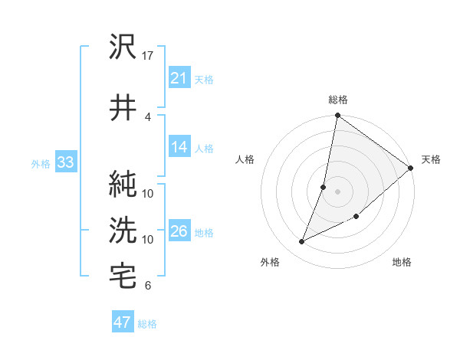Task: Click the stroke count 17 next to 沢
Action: click(x=148, y=56)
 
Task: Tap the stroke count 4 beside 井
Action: click(x=148, y=116)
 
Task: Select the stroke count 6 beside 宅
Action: click(x=148, y=286)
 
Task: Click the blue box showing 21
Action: click(x=179, y=77)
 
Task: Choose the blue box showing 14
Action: click(x=179, y=147)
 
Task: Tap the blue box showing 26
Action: click(x=179, y=231)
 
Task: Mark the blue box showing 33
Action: click(x=64, y=162)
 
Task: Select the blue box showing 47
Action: click(x=122, y=322)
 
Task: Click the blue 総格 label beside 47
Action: click(x=147, y=324)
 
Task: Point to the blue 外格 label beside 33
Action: click(x=40, y=163)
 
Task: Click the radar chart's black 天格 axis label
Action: click(x=431, y=159)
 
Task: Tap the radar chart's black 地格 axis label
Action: click(x=402, y=262)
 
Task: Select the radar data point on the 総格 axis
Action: click(x=337, y=116)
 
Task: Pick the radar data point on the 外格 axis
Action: click(x=302, y=242)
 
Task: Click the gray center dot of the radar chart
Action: click(x=337, y=191)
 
